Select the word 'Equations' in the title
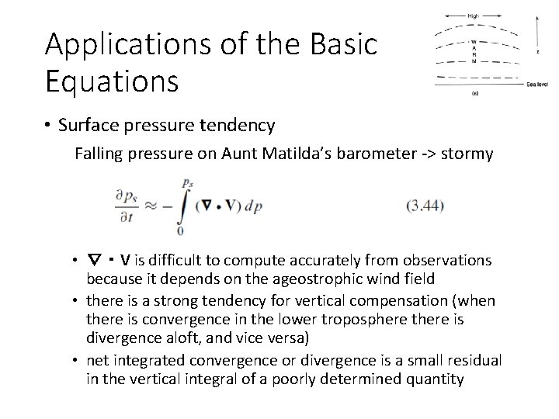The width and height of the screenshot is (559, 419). point(112,80)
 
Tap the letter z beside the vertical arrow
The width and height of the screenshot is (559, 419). point(539,52)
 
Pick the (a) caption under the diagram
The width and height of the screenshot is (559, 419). point(475,92)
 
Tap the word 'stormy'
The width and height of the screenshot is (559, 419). point(467,154)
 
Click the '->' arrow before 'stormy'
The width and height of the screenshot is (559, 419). point(427,154)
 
